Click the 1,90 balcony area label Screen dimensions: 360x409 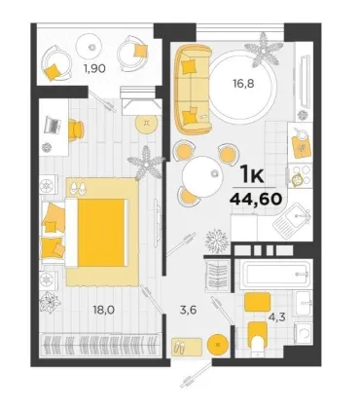point(96,69)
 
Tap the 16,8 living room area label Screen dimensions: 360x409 point(243,84)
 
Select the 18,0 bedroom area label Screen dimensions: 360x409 point(104,310)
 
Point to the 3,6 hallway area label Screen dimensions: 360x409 point(189,310)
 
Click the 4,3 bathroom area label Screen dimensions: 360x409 point(277,316)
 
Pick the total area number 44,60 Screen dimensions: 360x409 point(255,198)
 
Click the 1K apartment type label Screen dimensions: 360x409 point(253,175)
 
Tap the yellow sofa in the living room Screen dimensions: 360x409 point(193,90)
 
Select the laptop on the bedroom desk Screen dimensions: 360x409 point(53,125)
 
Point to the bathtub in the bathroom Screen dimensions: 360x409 point(275,274)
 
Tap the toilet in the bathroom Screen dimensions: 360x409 point(258,340)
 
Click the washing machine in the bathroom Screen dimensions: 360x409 point(303,334)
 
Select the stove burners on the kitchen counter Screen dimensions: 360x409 point(300,176)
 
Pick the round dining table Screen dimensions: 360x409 point(202,176)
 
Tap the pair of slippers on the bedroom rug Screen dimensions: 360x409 point(78,188)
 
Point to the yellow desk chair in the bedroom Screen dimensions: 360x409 point(76,130)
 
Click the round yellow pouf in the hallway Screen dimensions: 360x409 point(218,345)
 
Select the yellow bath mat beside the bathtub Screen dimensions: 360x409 point(257,302)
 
